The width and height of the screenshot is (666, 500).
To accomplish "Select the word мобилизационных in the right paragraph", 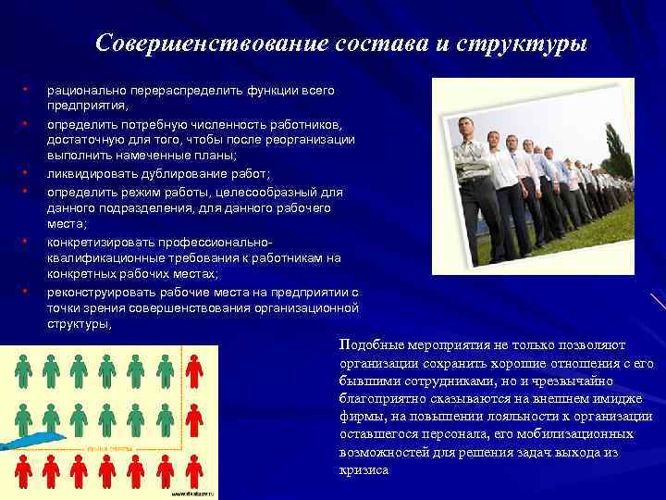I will pyautogui.click(x=575, y=434).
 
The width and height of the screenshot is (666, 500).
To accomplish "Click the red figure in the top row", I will pyautogui.click(x=193, y=371).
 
